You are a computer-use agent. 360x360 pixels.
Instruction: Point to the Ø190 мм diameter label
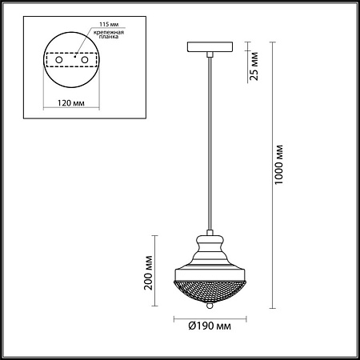click(211, 326)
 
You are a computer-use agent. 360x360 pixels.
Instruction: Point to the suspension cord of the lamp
click(210, 144)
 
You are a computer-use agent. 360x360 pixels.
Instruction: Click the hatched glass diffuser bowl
click(210, 288)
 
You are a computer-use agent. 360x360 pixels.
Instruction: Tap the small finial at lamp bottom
click(210, 306)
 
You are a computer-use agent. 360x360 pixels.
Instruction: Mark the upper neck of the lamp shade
click(210, 240)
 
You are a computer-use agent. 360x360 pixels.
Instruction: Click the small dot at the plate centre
click(74, 58)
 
